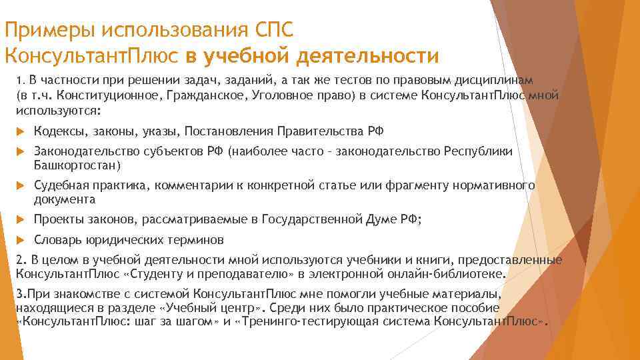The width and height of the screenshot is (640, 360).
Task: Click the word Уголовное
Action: coord(284,95)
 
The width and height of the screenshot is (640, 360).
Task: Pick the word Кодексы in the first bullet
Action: coord(59,131)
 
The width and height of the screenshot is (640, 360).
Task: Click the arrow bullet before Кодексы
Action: coord(20,131)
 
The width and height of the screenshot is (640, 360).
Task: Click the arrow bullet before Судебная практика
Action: coord(20,186)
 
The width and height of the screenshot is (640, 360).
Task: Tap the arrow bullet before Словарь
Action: coord(20,240)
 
